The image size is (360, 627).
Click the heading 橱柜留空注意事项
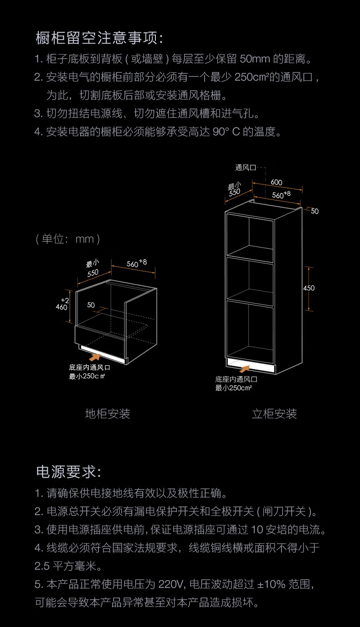99,38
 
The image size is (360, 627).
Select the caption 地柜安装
108,413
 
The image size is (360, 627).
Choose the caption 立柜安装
274,413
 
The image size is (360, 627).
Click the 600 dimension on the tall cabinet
276,182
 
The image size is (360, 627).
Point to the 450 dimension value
309,288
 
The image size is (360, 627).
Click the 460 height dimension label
62,307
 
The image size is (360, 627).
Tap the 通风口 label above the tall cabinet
246,168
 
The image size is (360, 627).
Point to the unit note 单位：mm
67,239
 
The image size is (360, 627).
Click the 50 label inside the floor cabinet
91,305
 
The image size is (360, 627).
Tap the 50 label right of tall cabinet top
315,211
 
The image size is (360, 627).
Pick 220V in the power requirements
170,584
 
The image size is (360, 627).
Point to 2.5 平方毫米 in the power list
68,566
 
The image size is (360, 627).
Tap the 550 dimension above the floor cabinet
93,273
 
